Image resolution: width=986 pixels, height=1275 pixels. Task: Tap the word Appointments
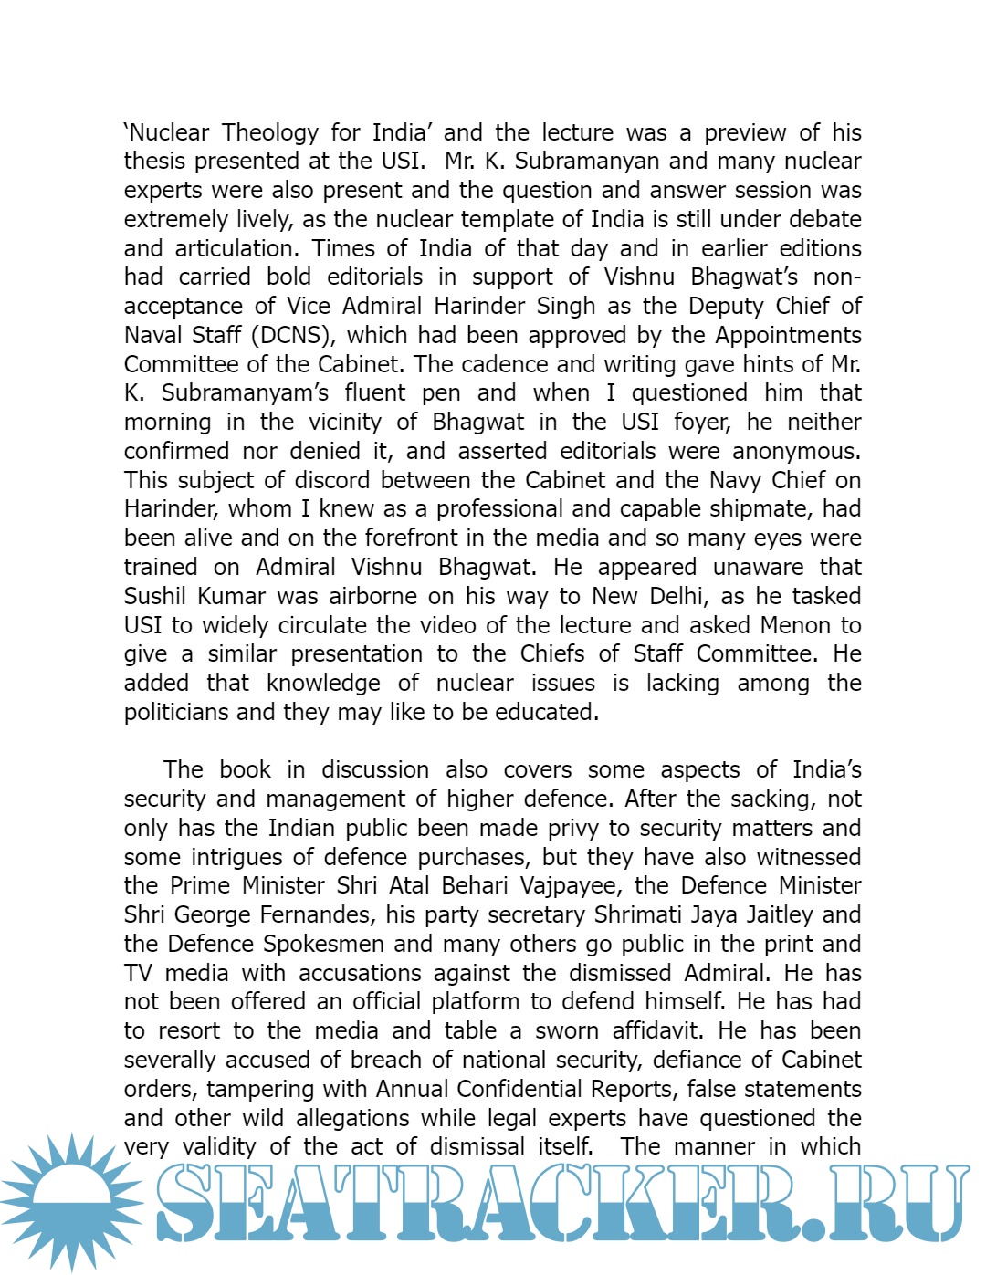788,336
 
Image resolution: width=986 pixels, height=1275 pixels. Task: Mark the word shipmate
747,509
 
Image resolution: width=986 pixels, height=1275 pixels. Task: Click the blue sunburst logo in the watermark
71,1201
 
